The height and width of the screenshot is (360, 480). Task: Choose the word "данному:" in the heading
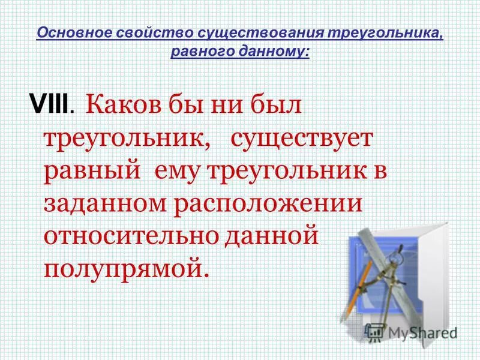[275, 51]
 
